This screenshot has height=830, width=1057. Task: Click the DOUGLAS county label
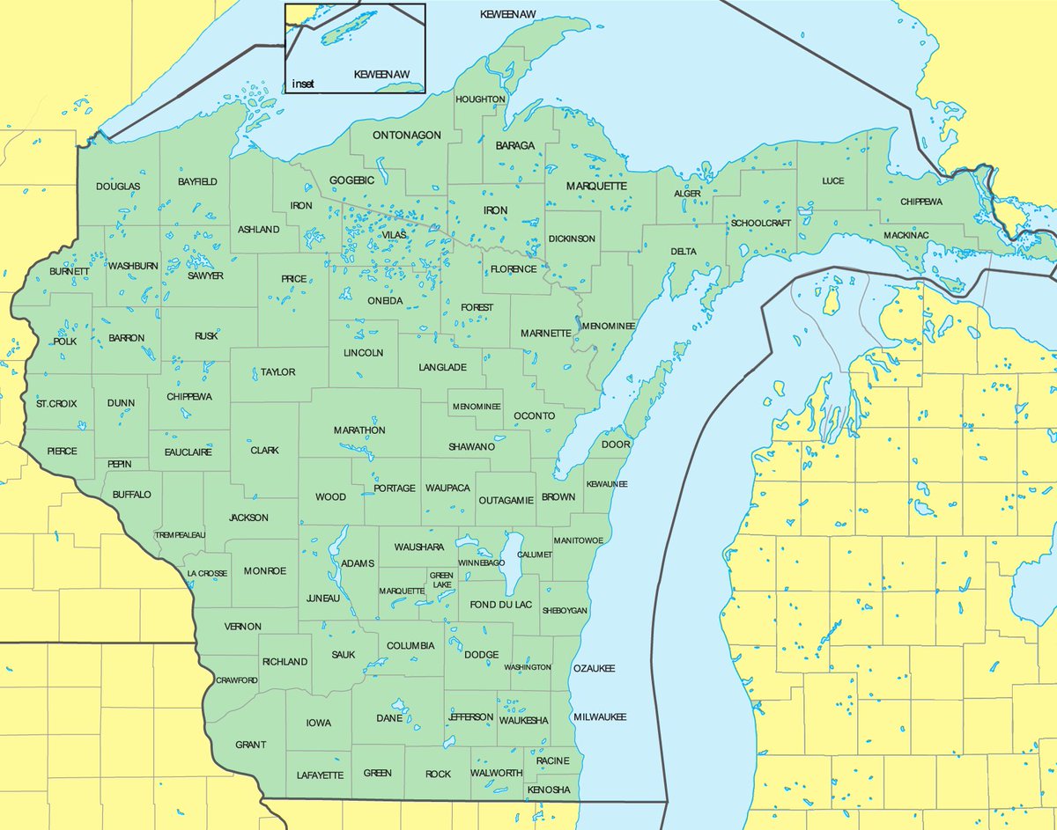click(118, 187)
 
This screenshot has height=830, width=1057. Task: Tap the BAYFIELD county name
click(197, 181)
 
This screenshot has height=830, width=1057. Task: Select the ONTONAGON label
click(406, 135)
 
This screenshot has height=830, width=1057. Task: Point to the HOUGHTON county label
click(480, 99)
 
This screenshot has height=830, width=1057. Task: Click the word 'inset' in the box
click(303, 84)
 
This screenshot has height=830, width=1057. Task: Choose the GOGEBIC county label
click(351, 180)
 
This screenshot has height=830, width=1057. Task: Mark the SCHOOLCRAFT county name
click(762, 224)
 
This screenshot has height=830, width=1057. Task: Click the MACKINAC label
click(907, 236)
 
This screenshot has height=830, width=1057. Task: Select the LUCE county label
click(832, 181)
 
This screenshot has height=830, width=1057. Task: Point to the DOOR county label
click(616, 444)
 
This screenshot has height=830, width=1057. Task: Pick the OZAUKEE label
click(594, 669)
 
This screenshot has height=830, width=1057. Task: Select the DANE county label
click(388, 718)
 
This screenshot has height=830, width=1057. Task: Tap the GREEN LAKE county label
click(441, 580)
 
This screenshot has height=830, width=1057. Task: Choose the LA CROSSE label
click(207, 573)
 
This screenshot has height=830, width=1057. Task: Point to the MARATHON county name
click(359, 430)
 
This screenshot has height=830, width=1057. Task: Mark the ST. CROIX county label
click(56, 403)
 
